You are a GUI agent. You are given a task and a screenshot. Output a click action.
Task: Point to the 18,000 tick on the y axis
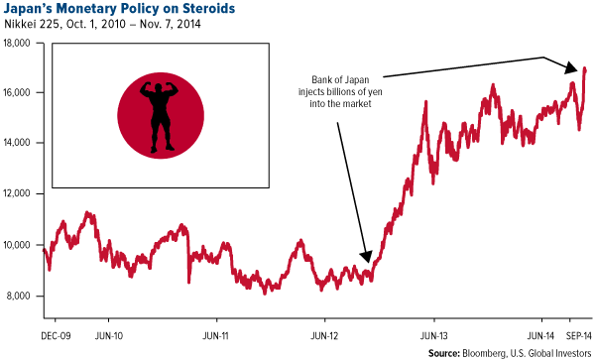pyautogui.click(x=20, y=42)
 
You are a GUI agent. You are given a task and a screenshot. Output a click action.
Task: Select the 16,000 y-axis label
pyautogui.click(x=20, y=92)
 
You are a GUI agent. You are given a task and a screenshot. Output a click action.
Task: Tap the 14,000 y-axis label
pyautogui.click(x=20, y=143)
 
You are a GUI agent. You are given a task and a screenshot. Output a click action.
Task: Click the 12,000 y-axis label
pyautogui.click(x=20, y=194)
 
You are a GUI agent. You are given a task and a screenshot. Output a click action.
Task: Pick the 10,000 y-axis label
pyautogui.click(x=20, y=245)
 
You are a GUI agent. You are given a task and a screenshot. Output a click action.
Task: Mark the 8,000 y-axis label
pyautogui.click(x=22, y=297)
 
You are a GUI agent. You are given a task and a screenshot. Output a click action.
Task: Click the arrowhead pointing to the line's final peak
pyautogui.click(x=572, y=69)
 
